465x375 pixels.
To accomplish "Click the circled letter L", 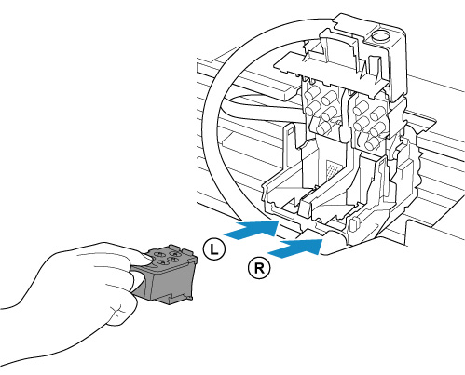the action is (x=214, y=249).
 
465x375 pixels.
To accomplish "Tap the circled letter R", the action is (x=259, y=267).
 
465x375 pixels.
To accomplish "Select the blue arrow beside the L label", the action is (x=252, y=230).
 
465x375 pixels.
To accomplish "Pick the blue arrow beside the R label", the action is (x=295, y=248).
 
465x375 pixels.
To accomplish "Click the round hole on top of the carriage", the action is (x=380, y=36).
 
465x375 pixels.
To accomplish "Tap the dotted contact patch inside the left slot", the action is (x=334, y=168).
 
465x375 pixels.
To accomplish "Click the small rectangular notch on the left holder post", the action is (x=289, y=131).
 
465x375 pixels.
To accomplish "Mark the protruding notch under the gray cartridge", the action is (x=174, y=299).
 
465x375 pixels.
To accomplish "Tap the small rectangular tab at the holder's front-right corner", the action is (x=353, y=224).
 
